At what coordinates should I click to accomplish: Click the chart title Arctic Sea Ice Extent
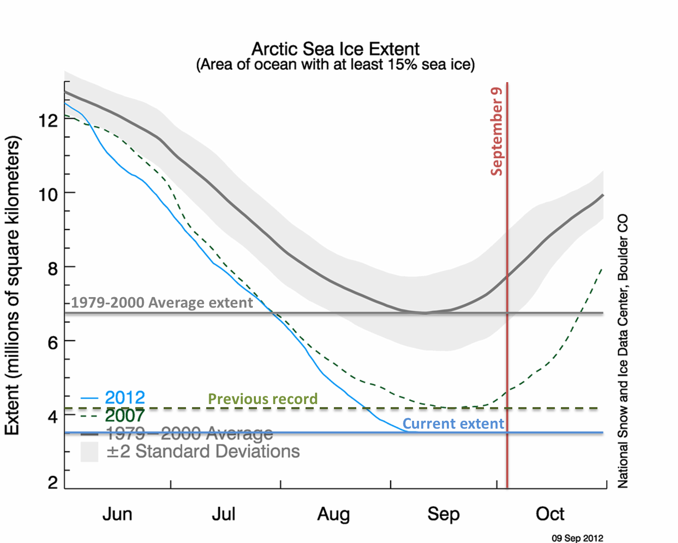click(x=335, y=49)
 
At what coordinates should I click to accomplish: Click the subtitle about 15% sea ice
click(x=335, y=65)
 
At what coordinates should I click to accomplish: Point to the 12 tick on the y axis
click(x=48, y=120)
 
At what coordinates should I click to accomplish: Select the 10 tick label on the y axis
click(x=48, y=194)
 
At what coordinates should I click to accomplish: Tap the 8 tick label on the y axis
click(x=53, y=268)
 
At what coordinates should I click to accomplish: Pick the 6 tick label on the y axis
click(x=53, y=342)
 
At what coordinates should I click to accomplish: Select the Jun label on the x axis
click(x=117, y=514)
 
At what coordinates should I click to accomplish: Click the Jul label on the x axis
click(x=223, y=514)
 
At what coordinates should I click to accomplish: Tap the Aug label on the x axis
click(x=333, y=514)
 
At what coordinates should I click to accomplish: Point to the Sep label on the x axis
click(x=443, y=514)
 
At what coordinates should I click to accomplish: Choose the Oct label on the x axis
click(x=550, y=514)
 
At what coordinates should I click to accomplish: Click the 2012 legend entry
click(x=125, y=397)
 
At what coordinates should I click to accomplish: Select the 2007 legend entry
click(x=125, y=416)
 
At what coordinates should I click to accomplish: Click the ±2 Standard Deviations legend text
click(x=203, y=451)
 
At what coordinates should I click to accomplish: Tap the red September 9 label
click(x=497, y=131)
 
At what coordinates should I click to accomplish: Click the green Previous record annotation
click(x=263, y=399)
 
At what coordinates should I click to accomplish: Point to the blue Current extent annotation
click(x=454, y=423)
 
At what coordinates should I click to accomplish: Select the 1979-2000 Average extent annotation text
click(x=162, y=303)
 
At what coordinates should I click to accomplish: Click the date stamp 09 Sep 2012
click(x=577, y=538)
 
